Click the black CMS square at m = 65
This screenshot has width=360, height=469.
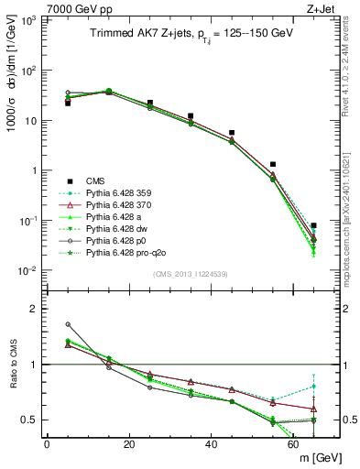point(314,225)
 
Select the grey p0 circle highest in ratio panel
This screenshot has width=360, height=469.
point(68,324)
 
